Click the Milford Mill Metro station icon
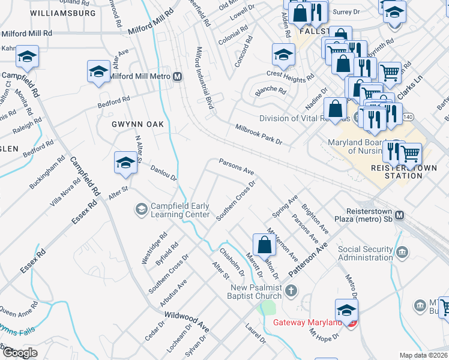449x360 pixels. pyautogui.click(x=178, y=76)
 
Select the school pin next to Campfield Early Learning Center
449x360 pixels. pyautogui.click(x=141, y=209)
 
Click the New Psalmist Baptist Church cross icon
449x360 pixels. pyautogui.click(x=291, y=292)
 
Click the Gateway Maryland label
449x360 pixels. pyautogui.click(x=307, y=322)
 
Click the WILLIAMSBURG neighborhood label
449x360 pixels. pyautogui.click(x=62, y=13)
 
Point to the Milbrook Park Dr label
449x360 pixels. pyautogui.click(x=258, y=134)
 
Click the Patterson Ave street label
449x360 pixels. pyautogui.click(x=309, y=259)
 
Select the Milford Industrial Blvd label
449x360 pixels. pyautogui.click(x=204, y=77)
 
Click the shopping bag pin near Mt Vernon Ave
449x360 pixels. pyautogui.click(x=264, y=244)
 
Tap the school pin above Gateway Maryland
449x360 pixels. pyautogui.click(x=346, y=310)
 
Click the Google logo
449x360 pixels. pyautogui.click(x=20, y=353)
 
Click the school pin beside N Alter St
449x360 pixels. pyautogui.click(x=125, y=163)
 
